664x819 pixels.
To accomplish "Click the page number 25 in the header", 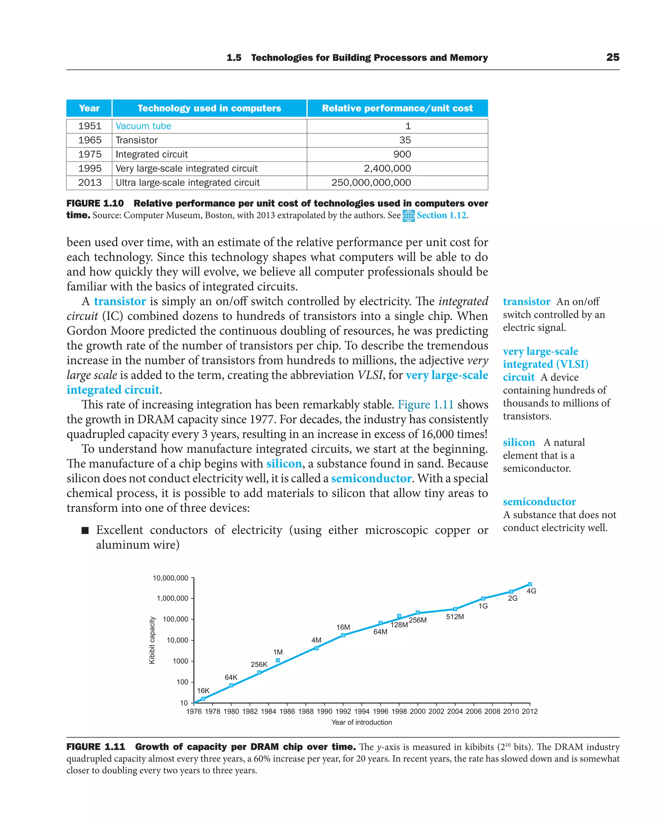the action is [612, 57].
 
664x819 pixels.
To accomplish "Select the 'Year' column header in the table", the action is [89, 108].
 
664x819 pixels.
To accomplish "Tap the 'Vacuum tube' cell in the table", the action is [143, 126].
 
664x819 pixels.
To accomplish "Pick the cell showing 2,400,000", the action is [387, 168].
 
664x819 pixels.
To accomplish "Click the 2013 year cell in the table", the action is [89, 183].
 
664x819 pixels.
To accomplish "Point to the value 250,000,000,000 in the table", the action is [371, 183].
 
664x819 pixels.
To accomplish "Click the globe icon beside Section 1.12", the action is [409, 216].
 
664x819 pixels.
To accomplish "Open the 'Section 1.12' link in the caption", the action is [441, 215].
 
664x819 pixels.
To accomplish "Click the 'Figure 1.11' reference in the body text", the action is [425, 405].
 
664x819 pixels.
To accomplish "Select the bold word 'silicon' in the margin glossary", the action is [519, 443].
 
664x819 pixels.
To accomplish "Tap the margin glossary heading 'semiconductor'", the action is [539, 502].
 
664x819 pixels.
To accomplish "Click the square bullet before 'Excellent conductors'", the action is [85, 530].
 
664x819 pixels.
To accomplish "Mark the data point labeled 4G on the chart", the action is [530, 584].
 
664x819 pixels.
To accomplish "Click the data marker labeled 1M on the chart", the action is [278, 660].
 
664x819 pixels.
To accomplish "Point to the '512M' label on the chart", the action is [455, 617].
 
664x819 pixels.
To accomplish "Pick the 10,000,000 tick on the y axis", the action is [171, 578].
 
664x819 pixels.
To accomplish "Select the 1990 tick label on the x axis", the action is [324, 711].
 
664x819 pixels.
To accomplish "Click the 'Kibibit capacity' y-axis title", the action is [152, 640].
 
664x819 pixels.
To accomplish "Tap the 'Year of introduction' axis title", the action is [362, 722].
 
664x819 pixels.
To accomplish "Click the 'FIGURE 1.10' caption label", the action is [95, 204].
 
